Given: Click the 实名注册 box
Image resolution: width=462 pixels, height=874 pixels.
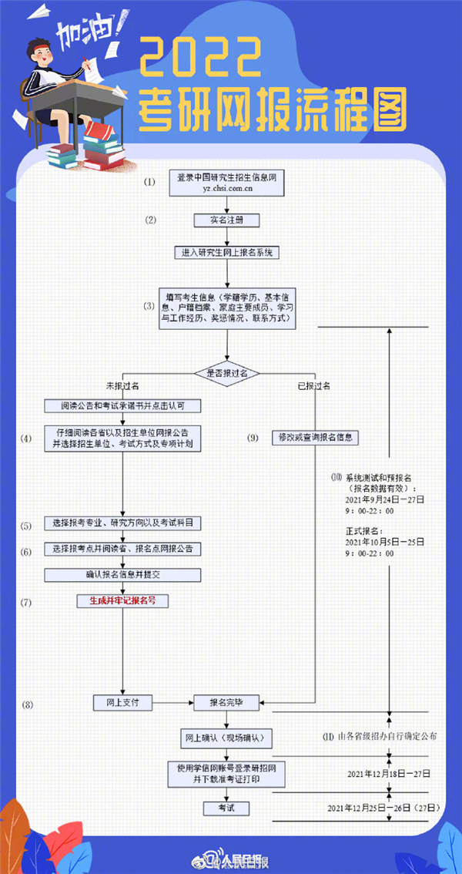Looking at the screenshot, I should [226, 220].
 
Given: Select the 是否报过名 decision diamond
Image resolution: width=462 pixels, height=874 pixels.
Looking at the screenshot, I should [226, 373].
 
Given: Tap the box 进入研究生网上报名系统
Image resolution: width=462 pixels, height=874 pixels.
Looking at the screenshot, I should [226, 252].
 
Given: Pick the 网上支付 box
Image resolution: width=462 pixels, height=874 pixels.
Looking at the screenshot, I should [123, 702].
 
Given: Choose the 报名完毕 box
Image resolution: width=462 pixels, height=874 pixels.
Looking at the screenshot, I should [226, 702].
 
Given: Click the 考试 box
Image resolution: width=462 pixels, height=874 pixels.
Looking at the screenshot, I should [226, 808].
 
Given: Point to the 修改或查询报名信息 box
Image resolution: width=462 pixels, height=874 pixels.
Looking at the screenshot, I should [316, 438].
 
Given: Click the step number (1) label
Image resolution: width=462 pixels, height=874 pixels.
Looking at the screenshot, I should [149, 183].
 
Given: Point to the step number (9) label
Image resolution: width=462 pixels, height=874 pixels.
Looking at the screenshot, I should [253, 438].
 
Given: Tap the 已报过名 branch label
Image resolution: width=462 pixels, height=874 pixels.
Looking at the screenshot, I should [314, 385].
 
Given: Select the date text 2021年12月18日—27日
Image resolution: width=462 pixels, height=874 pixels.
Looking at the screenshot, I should [389, 773].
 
